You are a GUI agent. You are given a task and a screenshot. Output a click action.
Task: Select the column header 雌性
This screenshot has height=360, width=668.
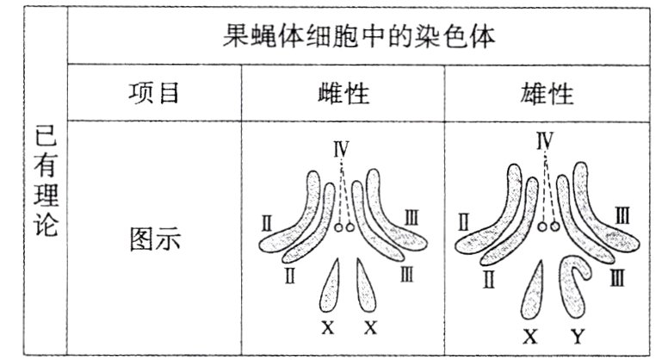(343, 93)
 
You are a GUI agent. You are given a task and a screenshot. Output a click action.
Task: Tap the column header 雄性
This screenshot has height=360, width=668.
(547, 93)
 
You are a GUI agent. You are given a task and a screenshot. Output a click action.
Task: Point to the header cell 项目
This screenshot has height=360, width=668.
(153, 93)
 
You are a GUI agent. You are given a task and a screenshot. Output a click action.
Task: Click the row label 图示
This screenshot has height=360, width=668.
(155, 239)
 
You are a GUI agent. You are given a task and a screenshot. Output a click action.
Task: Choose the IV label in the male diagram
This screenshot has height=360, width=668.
(544, 140)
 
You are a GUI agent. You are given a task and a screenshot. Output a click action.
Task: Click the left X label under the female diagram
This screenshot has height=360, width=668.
(327, 327)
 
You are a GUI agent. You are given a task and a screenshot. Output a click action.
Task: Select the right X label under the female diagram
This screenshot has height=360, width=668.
(371, 327)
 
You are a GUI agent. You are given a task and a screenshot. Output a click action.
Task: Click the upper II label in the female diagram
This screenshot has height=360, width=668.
(267, 225)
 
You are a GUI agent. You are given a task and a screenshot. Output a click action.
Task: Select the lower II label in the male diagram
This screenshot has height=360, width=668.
(488, 278)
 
